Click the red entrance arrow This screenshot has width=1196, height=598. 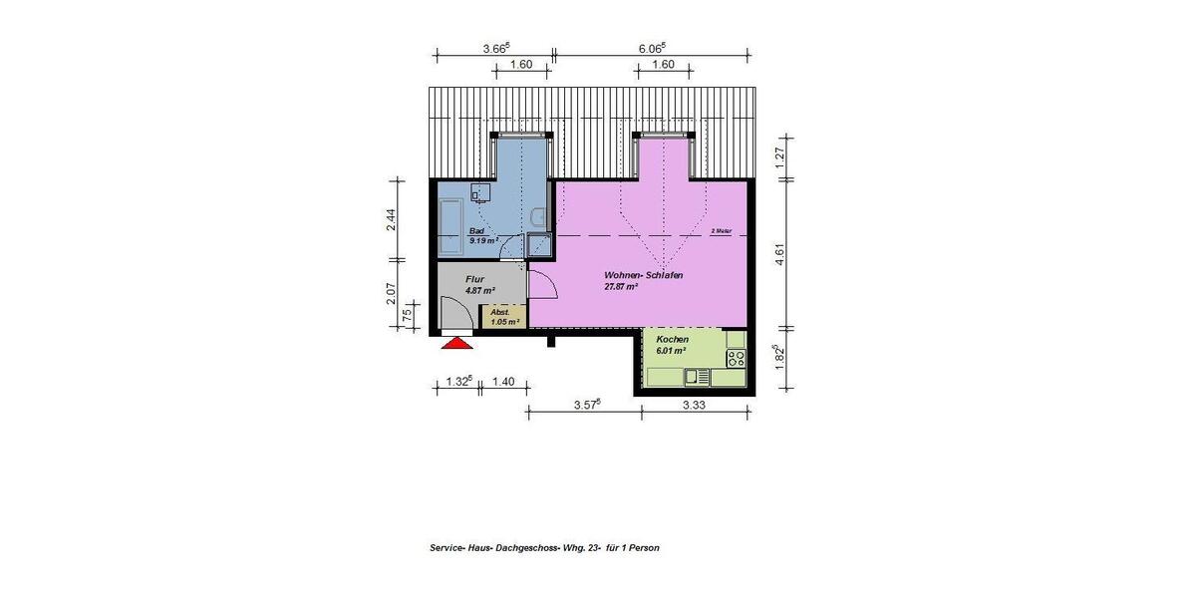pyautogui.click(x=455, y=343)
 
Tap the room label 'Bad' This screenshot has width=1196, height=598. pyautogui.click(x=476, y=232)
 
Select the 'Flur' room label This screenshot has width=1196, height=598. pyautogui.click(x=474, y=280)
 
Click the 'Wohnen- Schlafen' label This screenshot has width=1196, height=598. pyautogui.click(x=642, y=275)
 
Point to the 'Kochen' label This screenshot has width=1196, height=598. pyautogui.click(x=672, y=340)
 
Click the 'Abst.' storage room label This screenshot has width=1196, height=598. pyautogui.click(x=499, y=312)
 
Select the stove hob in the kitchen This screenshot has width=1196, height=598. pyautogui.click(x=737, y=357)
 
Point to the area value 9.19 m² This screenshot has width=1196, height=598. pyautogui.click(x=483, y=241)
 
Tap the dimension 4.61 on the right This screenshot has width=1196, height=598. pyautogui.click(x=781, y=254)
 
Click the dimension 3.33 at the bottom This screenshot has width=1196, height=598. pyautogui.click(x=695, y=406)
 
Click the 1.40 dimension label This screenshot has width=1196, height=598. pyautogui.click(x=503, y=382)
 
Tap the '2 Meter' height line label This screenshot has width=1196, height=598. pyautogui.click(x=721, y=231)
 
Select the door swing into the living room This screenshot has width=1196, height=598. pyautogui.click(x=541, y=287)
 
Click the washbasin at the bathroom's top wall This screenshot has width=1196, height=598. pyautogui.click(x=480, y=192)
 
